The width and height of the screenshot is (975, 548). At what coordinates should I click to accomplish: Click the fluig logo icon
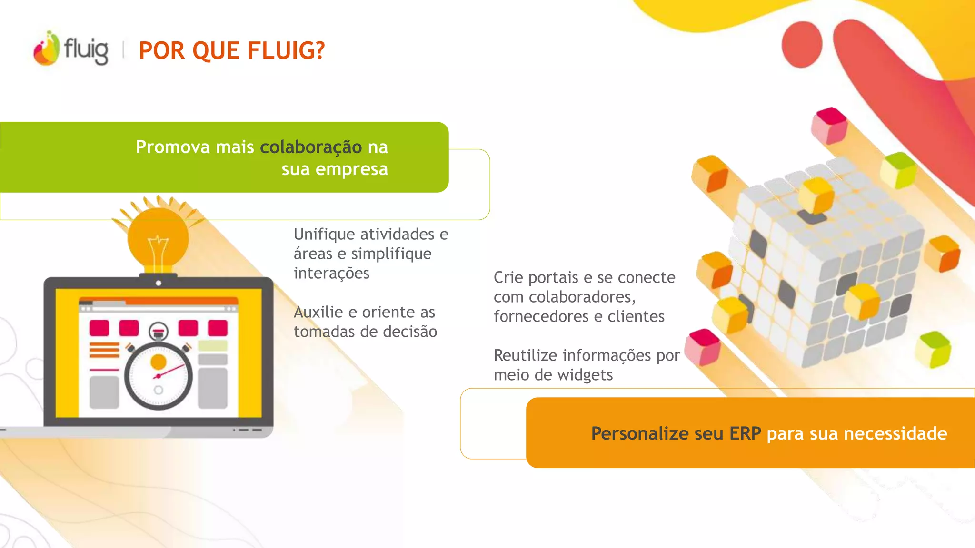pos(47,49)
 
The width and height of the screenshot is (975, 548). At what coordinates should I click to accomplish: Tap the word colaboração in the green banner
pos(311,147)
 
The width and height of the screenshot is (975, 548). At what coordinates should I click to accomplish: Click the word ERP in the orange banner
pos(745,434)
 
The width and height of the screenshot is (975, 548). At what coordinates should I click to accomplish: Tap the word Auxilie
pos(318,313)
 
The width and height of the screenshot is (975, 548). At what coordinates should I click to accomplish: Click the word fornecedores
pos(541,317)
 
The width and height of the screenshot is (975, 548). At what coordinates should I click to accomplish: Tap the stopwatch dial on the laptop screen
pos(159,376)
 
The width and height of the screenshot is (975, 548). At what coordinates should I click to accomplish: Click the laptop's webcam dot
pos(159,283)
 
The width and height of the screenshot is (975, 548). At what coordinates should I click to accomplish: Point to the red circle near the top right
pos(802,44)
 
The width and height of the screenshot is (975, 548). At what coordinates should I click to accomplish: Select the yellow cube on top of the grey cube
pos(816,196)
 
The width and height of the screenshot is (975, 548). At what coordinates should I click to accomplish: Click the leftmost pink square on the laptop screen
pos(99,328)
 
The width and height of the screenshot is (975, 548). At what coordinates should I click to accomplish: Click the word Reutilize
pos(524,356)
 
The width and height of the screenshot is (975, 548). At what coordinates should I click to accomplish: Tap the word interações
pos(331,274)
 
